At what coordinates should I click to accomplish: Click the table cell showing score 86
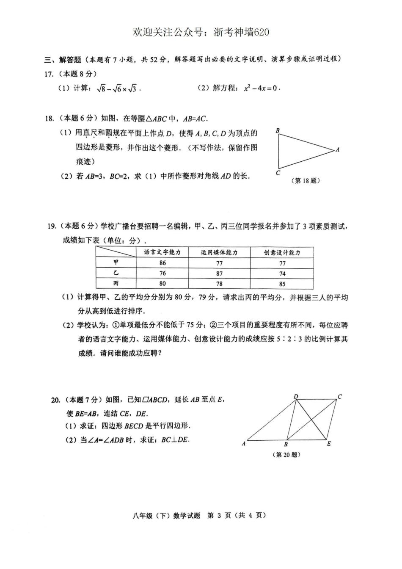(x=162, y=263)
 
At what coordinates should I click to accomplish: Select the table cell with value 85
(x=282, y=284)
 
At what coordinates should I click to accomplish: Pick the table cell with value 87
(x=219, y=273)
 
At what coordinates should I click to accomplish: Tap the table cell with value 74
(x=282, y=273)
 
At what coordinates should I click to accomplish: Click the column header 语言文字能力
(x=162, y=252)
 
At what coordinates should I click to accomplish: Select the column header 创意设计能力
(x=282, y=252)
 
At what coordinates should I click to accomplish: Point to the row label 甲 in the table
(x=116, y=262)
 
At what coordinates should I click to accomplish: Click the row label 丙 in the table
(x=116, y=284)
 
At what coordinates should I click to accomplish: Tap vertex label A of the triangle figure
(x=337, y=149)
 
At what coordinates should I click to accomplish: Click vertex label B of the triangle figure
(x=278, y=130)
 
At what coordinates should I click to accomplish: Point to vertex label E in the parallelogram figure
(x=329, y=444)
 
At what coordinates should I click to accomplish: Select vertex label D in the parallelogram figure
(x=296, y=397)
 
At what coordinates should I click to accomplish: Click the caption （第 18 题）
(x=306, y=181)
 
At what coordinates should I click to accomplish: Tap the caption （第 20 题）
(x=287, y=455)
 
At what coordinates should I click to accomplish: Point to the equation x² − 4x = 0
(x=262, y=88)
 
